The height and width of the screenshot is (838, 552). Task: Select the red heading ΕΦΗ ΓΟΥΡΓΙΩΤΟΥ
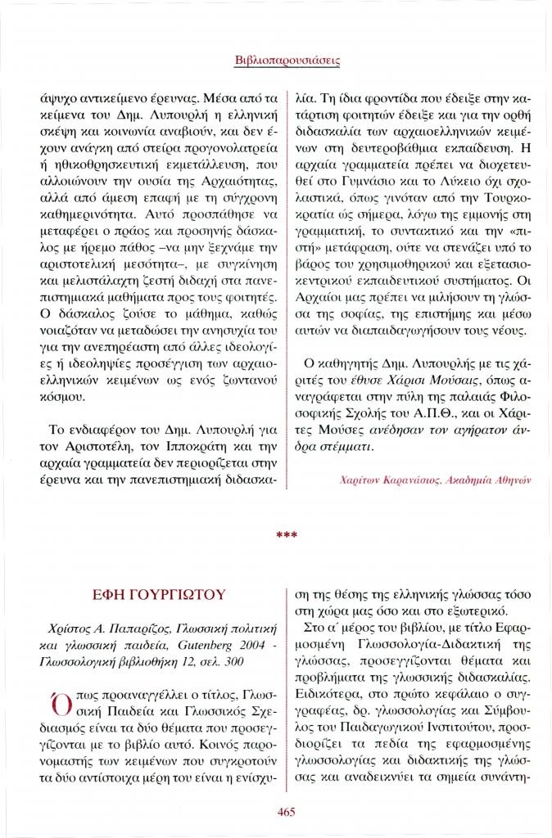(x=161, y=595)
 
